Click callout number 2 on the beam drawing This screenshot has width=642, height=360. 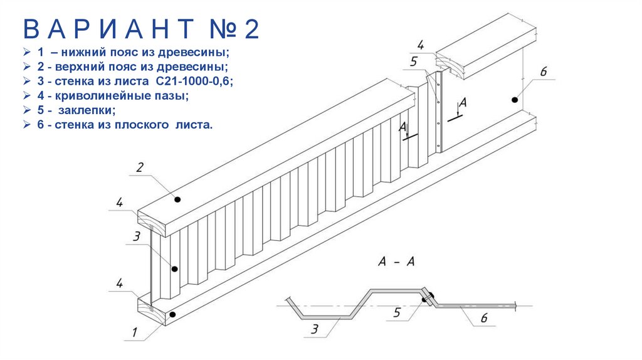coord(140,167)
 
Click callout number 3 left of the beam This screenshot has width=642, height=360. coord(136,236)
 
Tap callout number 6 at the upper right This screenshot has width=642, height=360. coord(543,72)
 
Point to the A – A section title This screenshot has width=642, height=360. coord(397,262)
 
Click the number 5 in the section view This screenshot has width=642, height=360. coord(397,312)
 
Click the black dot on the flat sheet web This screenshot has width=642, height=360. coord(514,99)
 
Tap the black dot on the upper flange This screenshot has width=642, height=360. coord(178,199)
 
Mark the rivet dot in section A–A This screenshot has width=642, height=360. coord(426,300)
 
